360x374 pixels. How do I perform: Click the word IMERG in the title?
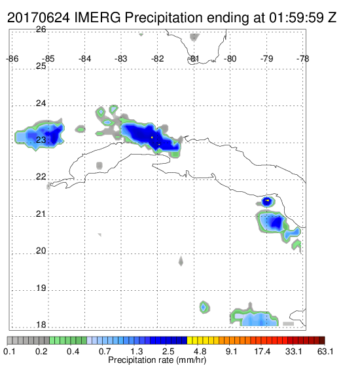[98, 18]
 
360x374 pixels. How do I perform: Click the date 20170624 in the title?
[39, 18]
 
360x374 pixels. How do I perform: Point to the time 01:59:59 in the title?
[297, 18]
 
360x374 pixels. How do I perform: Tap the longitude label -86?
[12, 59]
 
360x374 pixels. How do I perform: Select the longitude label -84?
[85, 59]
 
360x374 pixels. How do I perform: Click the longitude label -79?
[267, 59]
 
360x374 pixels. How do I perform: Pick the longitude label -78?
[303, 59]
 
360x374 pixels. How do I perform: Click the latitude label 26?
[41, 29]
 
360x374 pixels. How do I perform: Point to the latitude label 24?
[41, 103]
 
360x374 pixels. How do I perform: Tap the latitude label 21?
[41, 214]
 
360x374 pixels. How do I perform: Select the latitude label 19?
[41, 288]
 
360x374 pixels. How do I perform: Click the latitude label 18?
[41, 325]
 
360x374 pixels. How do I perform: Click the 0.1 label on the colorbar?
[9, 352]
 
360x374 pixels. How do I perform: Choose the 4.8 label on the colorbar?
[200, 352]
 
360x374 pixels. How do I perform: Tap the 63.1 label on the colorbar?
[325, 352]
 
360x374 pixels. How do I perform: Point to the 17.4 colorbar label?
[262, 352]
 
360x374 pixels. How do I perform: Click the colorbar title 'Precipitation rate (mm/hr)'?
[157, 360]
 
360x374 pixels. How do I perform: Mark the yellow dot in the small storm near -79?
[268, 200]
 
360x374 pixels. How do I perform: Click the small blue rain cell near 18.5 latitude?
[204, 307]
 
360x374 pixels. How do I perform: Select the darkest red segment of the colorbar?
[322, 341]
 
